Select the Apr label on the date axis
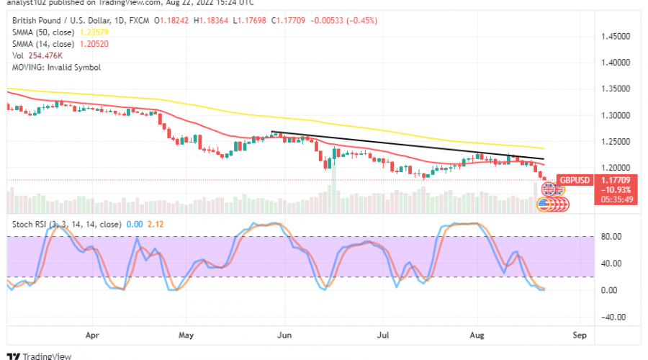tap(91, 335)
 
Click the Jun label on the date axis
tap(284, 335)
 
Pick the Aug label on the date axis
tap(477, 335)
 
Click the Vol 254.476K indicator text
tap(37, 55)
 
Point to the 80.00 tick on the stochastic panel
tap(611, 235)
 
